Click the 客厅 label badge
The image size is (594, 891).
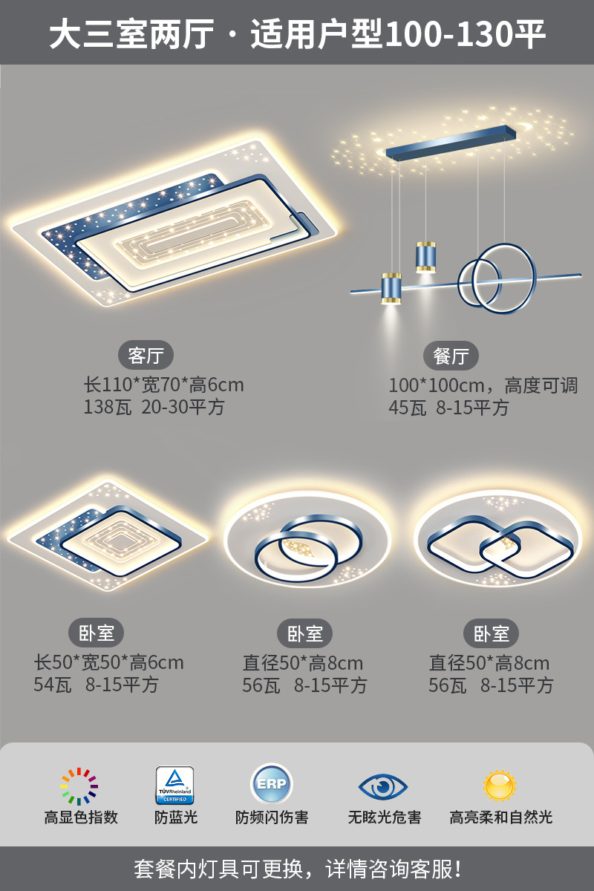pos(146,356)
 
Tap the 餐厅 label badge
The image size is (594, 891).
pos(451,356)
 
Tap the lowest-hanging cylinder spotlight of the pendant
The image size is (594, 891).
pos(391,288)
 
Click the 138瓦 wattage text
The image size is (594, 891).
pos(107,408)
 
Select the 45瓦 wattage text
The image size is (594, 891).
pos(408,408)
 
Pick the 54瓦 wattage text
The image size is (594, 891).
pos(52,685)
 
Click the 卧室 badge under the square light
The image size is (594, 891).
pos(97,633)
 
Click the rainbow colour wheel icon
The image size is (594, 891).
pos(79,786)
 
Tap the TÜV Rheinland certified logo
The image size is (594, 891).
pos(174,786)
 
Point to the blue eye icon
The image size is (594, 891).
pos(383,786)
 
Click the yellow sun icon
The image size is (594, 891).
pos(500,786)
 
